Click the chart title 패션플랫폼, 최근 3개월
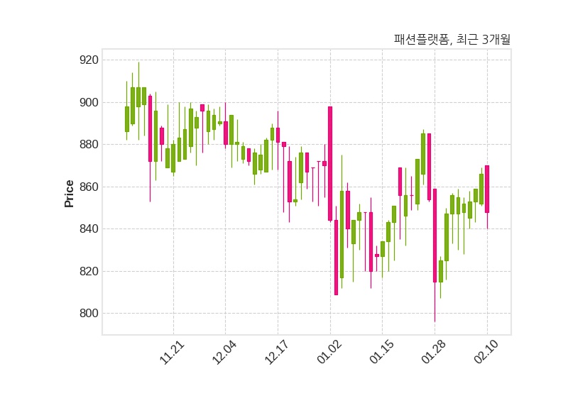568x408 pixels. point(452,40)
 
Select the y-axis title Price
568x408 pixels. point(70,193)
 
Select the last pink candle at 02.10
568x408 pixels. point(487,189)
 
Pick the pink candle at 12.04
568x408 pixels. point(226,133)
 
